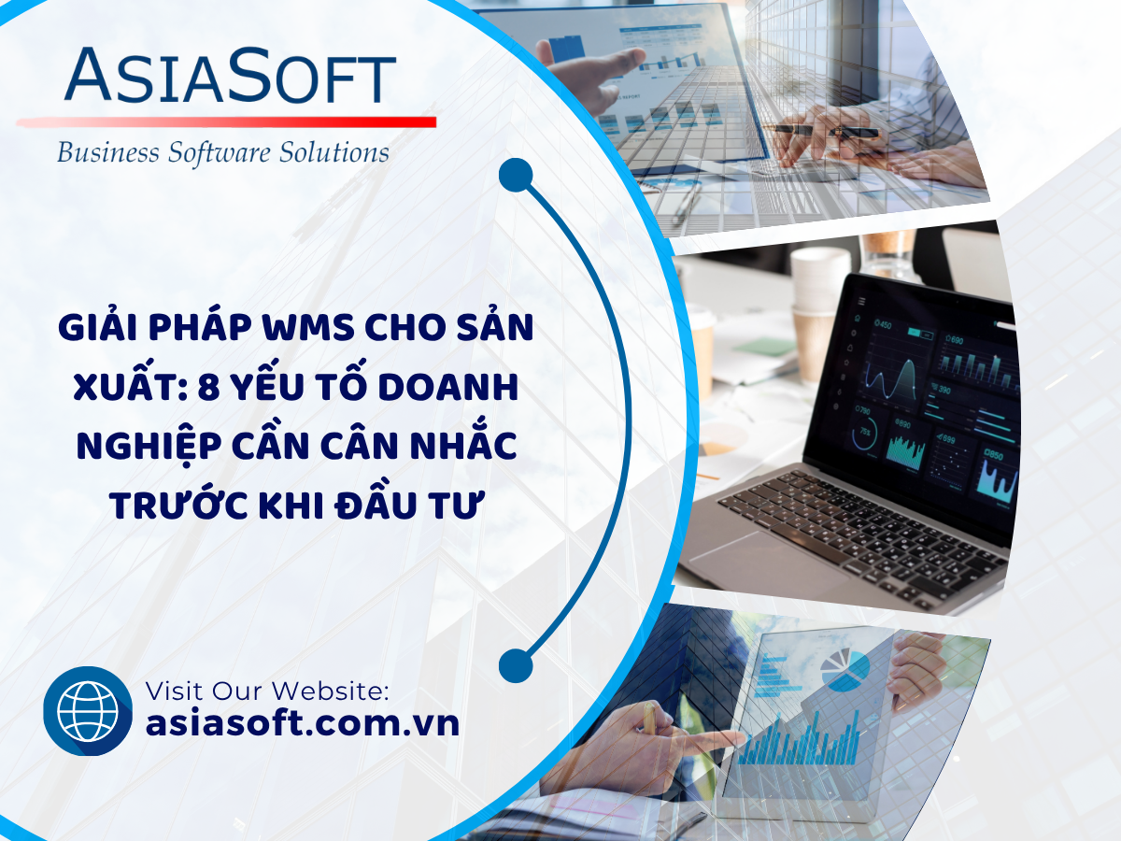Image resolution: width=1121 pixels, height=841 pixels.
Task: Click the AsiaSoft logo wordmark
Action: tap(231, 74)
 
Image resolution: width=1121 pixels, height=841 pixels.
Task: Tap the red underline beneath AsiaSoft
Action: tap(226, 122)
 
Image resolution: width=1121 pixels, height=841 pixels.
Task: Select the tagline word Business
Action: tap(107, 152)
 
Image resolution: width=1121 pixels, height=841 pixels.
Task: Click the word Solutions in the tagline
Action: tap(334, 152)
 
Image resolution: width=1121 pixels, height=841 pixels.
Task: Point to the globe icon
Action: tap(87, 711)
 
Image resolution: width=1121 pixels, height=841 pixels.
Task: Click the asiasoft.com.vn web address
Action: tap(303, 723)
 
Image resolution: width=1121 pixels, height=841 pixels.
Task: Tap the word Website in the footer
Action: tap(330, 691)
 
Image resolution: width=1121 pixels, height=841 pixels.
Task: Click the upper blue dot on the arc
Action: tap(516, 175)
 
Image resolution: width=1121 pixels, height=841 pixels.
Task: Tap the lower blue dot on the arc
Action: tap(516, 666)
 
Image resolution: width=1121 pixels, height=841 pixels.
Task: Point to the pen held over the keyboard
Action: tap(825, 131)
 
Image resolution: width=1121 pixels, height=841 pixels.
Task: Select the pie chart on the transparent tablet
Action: tap(845, 669)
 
